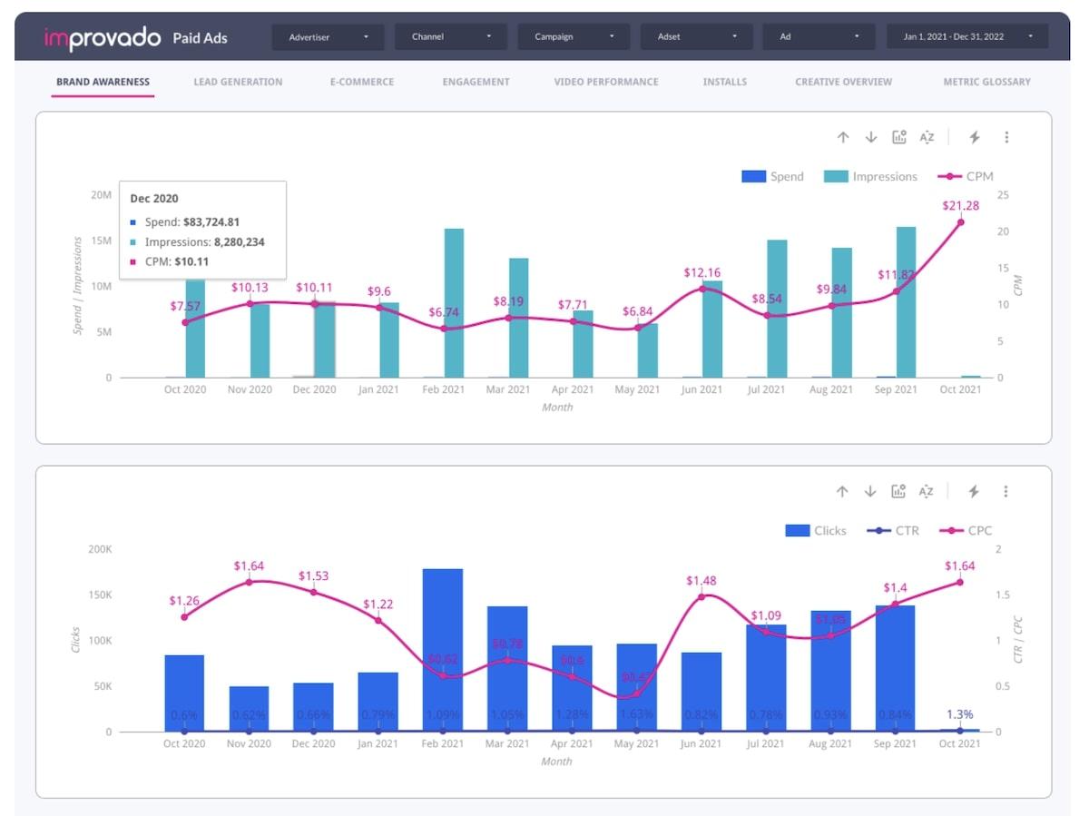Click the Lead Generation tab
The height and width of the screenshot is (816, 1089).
coord(238,82)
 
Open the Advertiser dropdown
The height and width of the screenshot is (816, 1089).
coord(329,37)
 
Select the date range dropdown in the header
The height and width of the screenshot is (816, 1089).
coord(966,37)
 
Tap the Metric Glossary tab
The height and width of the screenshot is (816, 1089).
coord(986,82)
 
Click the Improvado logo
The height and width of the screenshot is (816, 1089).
coord(101,38)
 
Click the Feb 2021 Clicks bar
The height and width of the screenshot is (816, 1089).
coord(443,649)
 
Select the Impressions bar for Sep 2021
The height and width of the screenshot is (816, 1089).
coord(906,301)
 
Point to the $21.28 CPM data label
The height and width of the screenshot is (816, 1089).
coord(959,205)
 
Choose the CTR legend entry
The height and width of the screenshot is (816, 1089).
coord(894,531)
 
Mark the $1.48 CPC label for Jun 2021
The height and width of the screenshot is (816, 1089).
coord(701,581)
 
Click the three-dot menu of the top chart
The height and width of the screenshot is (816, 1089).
coord(1006,137)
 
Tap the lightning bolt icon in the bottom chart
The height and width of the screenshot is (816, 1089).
coord(974,491)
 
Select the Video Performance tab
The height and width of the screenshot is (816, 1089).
coord(606,82)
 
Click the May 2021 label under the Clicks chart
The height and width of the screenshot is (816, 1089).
coord(636,744)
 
